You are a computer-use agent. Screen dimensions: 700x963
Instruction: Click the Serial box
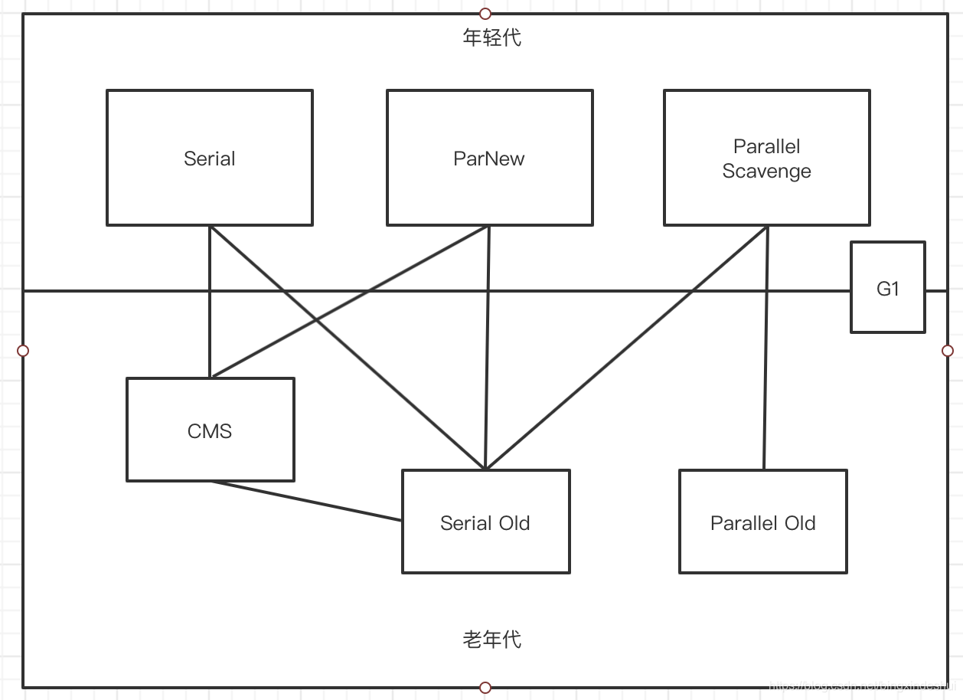(209, 158)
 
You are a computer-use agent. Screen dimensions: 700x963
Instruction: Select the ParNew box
(489, 158)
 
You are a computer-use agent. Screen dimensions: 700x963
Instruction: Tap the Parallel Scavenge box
(766, 158)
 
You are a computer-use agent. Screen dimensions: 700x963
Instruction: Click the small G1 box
(887, 288)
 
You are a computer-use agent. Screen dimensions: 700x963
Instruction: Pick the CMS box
(210, 430)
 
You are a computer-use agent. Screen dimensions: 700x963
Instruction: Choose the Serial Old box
(485, 522)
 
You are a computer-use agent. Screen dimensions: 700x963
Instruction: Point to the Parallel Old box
(762, 522)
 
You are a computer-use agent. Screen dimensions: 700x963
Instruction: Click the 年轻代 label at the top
(491, 38)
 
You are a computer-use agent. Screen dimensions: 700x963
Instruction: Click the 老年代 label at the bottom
(491, 639)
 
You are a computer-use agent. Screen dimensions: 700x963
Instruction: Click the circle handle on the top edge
(485, 13)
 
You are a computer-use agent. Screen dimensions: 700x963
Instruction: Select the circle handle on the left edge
(23, 351)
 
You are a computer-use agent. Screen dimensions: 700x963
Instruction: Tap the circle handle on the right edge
(948, 351)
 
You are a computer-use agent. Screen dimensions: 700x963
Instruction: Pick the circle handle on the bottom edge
(485, 687)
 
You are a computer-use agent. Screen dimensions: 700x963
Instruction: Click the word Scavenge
(766, 171)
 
